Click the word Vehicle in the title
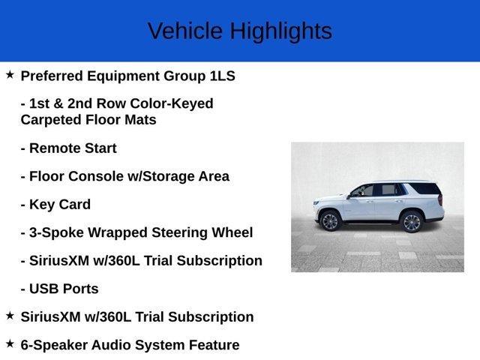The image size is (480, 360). tap(185, 31)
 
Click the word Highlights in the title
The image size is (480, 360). tap(280, 31)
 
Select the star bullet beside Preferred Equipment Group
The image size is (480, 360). tap(10, 75)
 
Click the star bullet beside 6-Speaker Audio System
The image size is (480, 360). tap(10, 343)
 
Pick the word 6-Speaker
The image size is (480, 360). tap(53, 345)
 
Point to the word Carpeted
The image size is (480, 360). tap(50, 120)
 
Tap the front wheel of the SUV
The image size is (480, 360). tap(330, 221)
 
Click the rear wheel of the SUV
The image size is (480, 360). tap(411, 222)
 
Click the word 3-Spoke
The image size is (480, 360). tap(55, 232)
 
